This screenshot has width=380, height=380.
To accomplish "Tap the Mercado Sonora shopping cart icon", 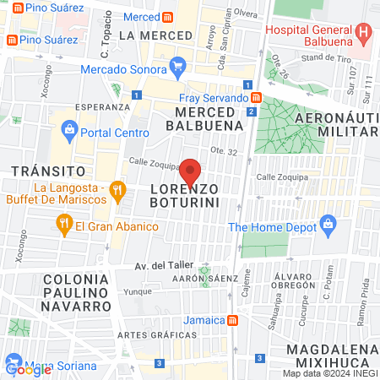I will [177, 65].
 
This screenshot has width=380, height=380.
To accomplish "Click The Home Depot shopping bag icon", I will [328, 225].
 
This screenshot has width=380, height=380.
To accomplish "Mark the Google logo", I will [28, 368].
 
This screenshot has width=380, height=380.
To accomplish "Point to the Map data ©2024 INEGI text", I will [328, 373].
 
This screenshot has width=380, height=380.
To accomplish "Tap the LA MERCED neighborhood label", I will [151, 35].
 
